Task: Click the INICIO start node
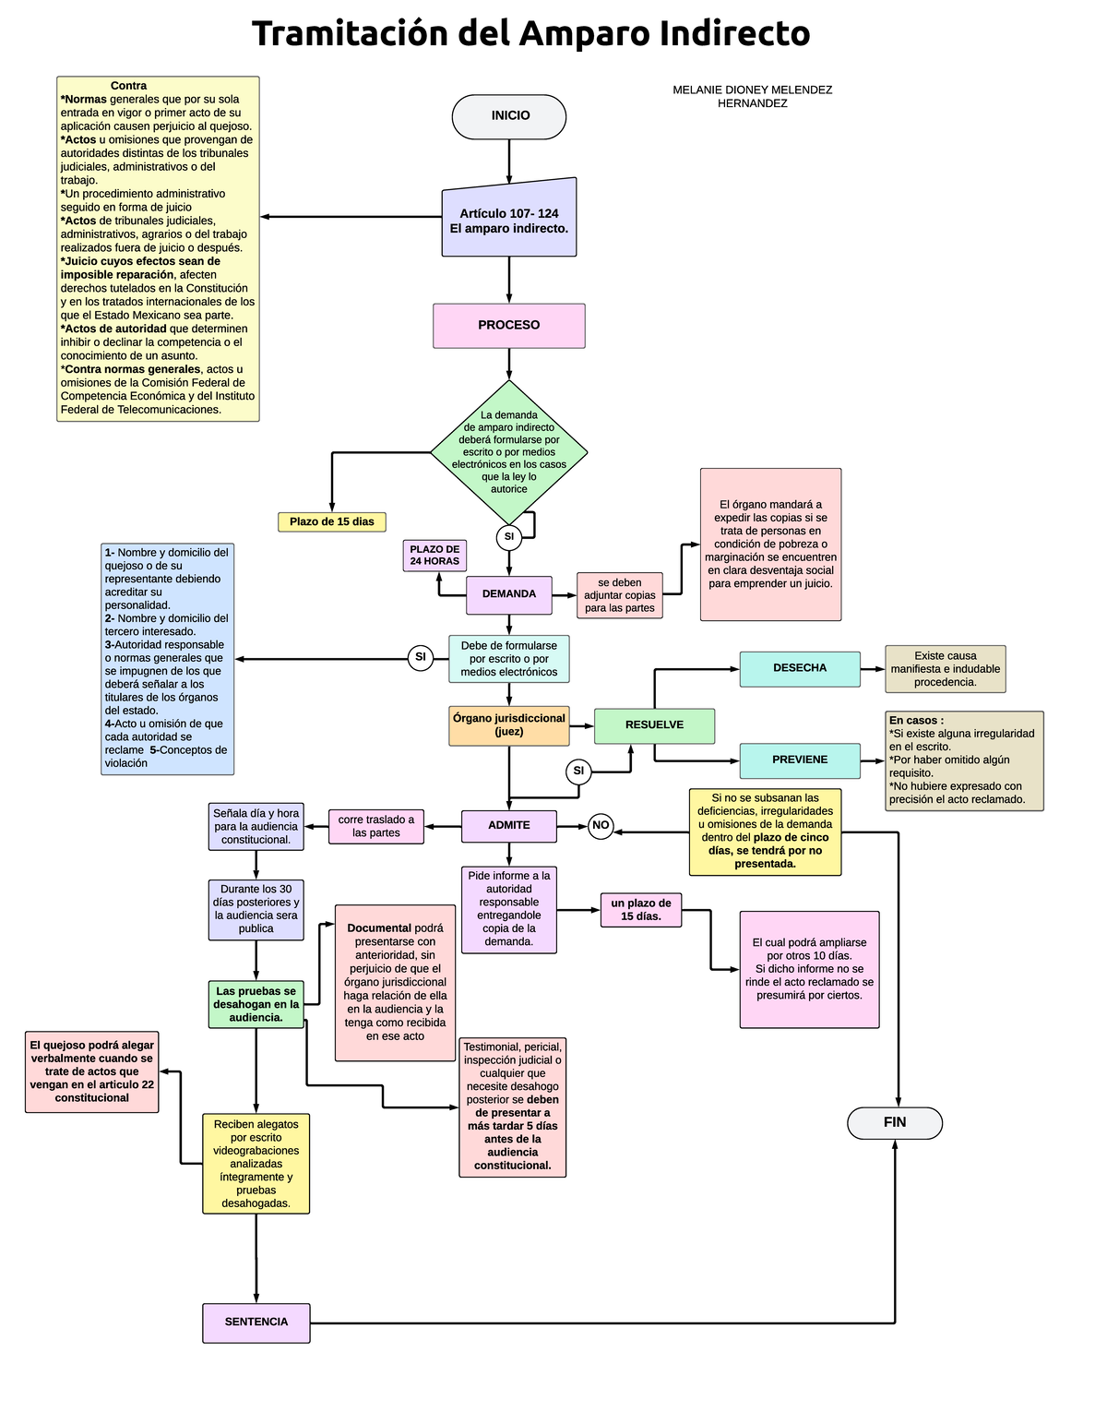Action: click(x=509, y=116)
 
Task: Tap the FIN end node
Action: click(x=895, y=1122)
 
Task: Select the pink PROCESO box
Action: click(x=509, y=326)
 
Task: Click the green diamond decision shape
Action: click(x=509, y=452)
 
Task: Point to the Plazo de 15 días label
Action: click(x=332, y=522)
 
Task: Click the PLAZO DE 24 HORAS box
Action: click(x=434, y=556)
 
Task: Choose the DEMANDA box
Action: click(x=509, y=594)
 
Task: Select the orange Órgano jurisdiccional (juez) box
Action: click(x=509, y=725)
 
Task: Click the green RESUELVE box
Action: click(x=654, y=725)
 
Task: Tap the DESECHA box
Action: click(x=800, y=668)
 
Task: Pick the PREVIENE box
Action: click(x=800, y=760)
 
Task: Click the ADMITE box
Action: click(x=509, y=826)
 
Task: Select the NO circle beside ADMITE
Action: click(x=601, y=826)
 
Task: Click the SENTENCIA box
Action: click(x=256, y=1322)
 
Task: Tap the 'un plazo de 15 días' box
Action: click(x=641, y=910)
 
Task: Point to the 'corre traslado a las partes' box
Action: click(x=376, y=827)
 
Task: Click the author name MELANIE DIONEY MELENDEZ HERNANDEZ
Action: click(x=753, y=97)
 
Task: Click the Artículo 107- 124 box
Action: click(x=509, y=220)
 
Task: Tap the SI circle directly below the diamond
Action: click(x=509, y=537)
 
